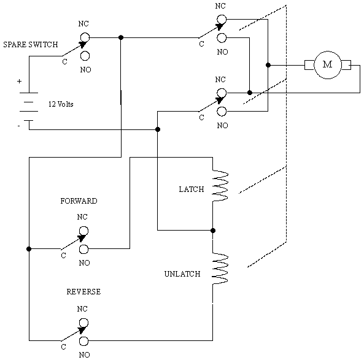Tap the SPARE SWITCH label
(31, 45)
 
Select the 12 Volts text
(61, 104)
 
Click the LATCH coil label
(192, 190)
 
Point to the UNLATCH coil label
(182, 274)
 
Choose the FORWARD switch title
(79, 201)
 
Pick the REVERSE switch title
(83, 291)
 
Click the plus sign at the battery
(19, 81)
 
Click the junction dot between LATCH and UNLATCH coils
(213, 231)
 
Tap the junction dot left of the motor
(268, 65)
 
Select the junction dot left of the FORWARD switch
(29, 249)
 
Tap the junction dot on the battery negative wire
(158, 129)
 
